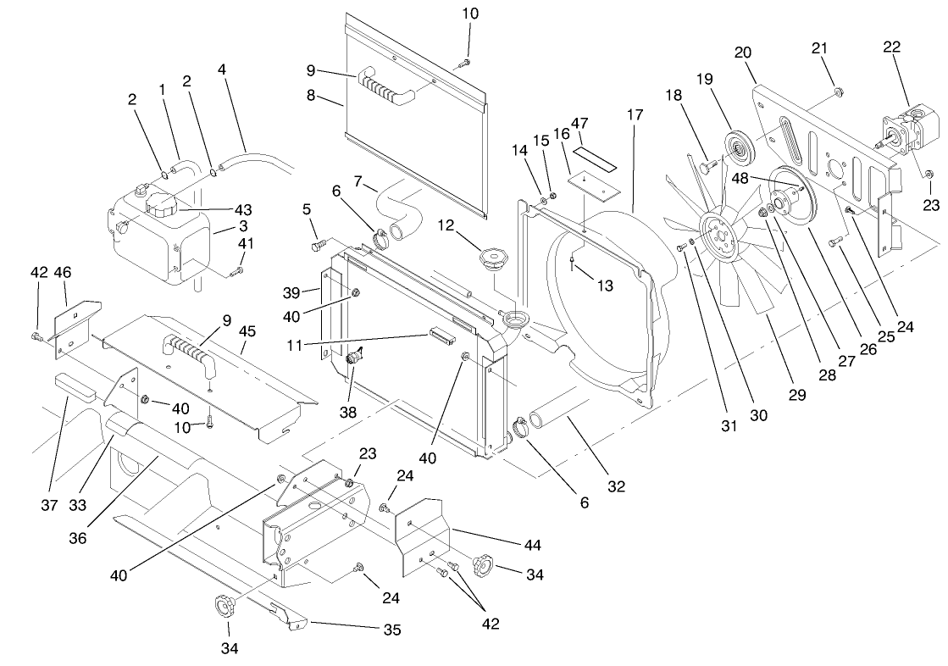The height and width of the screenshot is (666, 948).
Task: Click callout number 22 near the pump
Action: click(x=891, y=47)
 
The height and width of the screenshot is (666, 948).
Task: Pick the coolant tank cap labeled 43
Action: click(x=160, y=205)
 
